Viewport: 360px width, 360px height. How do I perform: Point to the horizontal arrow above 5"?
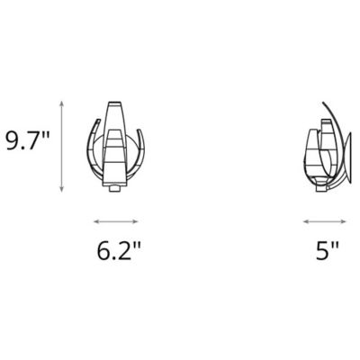coord(325,220)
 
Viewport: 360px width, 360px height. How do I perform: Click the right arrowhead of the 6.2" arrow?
coord(137,220)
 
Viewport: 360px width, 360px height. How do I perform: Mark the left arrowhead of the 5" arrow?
coord(306,220)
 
